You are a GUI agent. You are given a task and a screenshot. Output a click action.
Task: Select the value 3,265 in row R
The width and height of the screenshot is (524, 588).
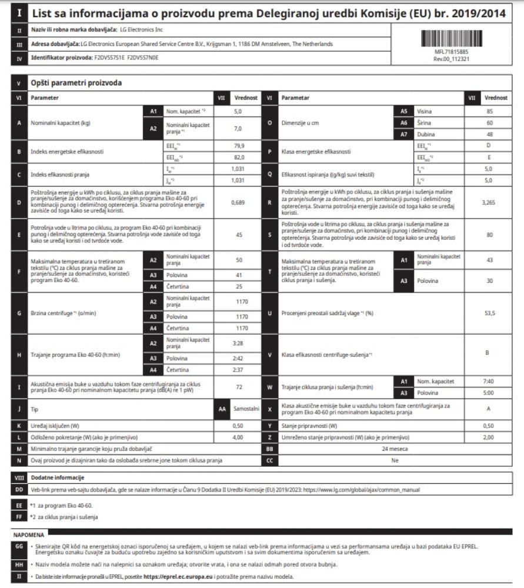(490, 201)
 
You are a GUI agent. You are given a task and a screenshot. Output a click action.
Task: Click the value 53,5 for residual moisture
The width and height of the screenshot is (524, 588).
(490, 313)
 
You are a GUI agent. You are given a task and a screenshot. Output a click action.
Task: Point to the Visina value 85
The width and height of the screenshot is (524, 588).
(490, 111)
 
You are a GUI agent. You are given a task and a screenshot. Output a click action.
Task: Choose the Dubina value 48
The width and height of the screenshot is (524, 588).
(490, 135)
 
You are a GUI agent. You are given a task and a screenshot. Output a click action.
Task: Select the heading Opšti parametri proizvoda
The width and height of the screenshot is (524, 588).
(76, 83)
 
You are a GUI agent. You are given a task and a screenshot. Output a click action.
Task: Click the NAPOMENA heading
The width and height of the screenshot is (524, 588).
(29, 535)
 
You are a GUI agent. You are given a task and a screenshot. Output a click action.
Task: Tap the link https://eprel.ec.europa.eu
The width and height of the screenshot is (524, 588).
(177, 576)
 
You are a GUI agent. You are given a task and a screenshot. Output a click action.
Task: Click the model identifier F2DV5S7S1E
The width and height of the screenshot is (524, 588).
(109, 58)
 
